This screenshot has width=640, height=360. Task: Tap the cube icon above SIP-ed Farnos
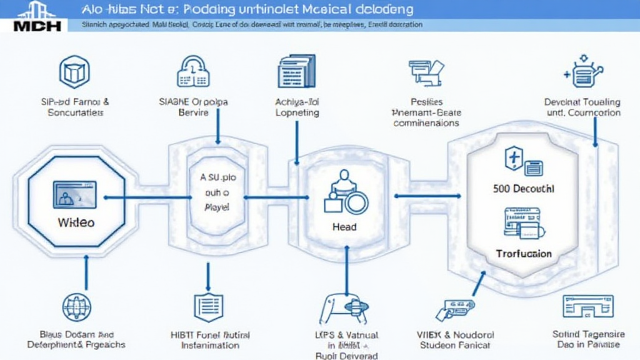[74, 72]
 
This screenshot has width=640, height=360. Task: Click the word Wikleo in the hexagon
[76, 222]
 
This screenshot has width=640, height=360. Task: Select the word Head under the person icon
[344, 226]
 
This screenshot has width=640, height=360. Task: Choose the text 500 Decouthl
[524, 188]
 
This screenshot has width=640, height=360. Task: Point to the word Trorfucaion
[524, 253]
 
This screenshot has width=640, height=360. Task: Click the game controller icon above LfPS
[343, 308]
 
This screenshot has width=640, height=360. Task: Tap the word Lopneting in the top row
[297, 112]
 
